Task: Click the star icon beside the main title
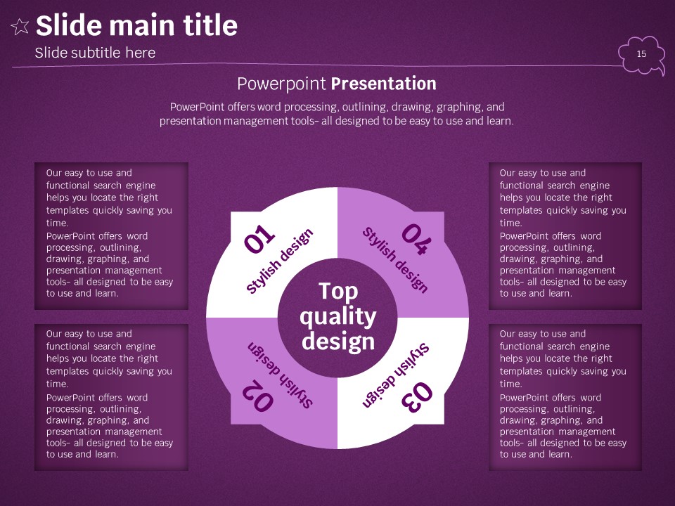click(20, 27)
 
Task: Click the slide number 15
click(641, 54)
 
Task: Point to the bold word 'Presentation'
click(384, 84)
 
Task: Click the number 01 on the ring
click(259, 238)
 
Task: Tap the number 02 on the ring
click(257, 396)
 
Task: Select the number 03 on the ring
click(417, 397)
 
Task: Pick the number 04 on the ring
click(416, 240)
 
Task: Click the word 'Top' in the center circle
click(338, 292)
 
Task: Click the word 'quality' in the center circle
click(338, 318)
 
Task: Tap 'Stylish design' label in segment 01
click(279, 261)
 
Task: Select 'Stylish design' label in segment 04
click(395, 260)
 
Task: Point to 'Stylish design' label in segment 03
click(396, 375)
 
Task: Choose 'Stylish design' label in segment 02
click(280, 375)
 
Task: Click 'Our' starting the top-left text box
click(54, 173)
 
